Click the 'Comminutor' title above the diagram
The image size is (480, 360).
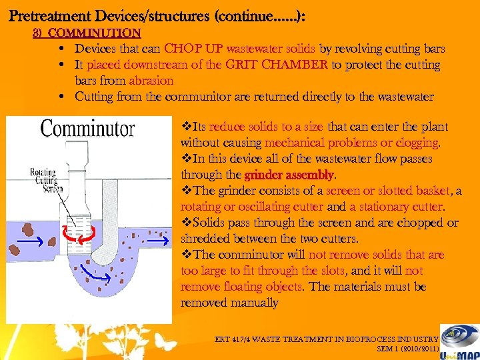87,129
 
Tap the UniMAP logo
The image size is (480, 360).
461,340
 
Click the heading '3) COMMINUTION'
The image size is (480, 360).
87,33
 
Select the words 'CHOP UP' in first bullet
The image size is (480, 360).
193,49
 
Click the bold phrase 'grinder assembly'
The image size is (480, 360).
290,175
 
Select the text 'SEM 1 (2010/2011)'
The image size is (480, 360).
407,348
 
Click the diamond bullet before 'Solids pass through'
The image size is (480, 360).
185,223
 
